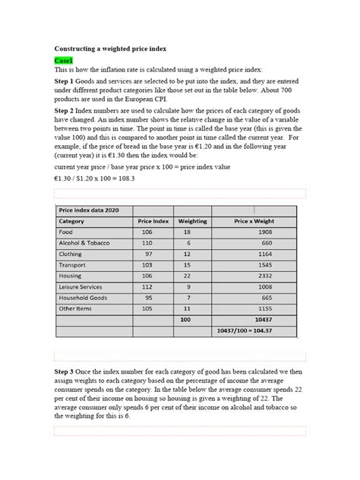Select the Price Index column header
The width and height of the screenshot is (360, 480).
[x=153, y=221]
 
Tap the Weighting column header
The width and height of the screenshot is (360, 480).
[x=192, y=221]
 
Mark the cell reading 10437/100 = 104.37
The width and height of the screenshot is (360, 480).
[x=261, y=333]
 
